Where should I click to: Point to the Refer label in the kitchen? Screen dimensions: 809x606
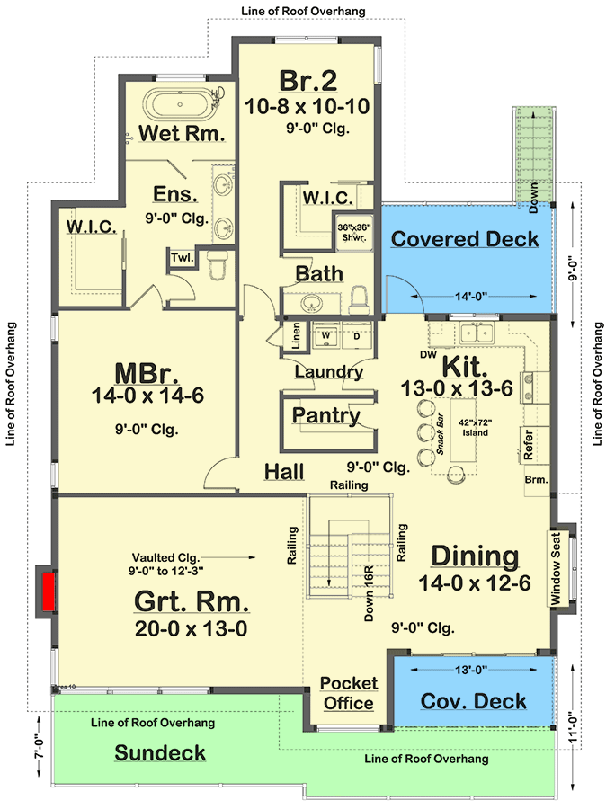529,445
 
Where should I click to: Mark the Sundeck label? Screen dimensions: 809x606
159,752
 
